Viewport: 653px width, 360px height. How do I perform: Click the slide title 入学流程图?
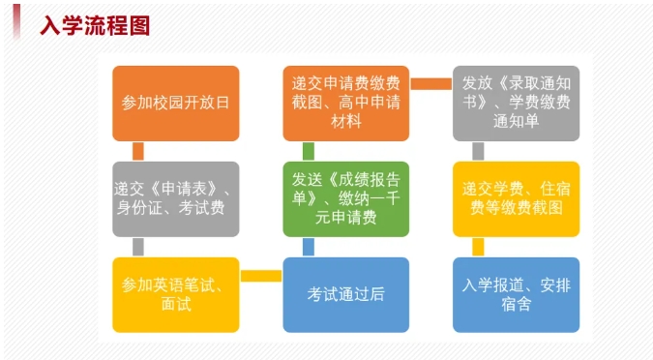[95, 25]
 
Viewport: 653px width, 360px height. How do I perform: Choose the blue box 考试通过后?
[345, 294]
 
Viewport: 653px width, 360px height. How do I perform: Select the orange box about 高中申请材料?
[345, 103]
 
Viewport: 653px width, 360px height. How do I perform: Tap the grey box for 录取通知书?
[516, 103]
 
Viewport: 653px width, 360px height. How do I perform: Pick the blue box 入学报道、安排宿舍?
[516, 294]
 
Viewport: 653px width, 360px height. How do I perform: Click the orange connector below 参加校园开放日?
[138, 151]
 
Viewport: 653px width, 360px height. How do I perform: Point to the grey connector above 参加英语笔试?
[138, 247]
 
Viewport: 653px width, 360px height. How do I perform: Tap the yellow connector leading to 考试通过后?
[260, 278]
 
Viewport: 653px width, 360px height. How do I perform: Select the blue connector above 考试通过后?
[309, 247]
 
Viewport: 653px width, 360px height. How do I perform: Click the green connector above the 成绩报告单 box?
[309, 151]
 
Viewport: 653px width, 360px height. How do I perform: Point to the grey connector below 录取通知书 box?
[479, 151]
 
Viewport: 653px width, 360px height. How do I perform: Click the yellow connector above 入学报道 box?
[479, 247]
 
